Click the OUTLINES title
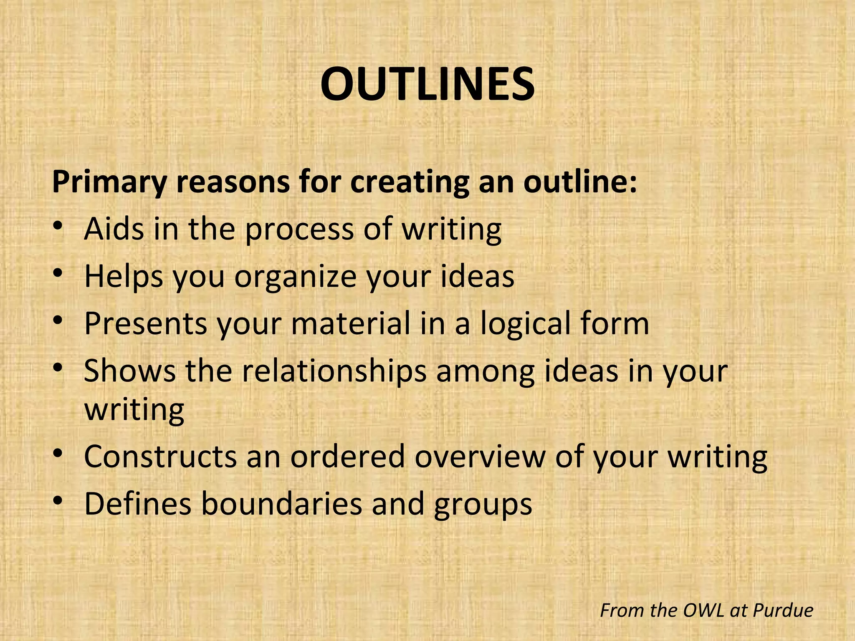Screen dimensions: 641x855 427,84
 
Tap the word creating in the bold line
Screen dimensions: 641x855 410,182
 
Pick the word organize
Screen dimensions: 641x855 295,278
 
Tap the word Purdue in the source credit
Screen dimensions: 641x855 783,611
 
